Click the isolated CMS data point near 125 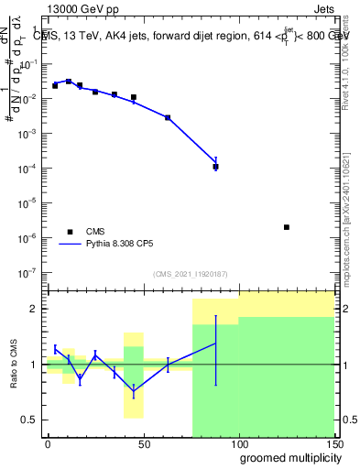[287, 227]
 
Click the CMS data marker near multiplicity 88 [216, 167]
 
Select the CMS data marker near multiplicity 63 [168, 117]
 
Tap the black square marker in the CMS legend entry [69, 232]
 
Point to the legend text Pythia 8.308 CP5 [119, 245]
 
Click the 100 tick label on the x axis [239, 443]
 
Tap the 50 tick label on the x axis [143, 443]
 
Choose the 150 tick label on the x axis [334, 443]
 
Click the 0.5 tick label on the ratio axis [30, 420]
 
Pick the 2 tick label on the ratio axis [35, 309]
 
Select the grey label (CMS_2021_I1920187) [190, 274]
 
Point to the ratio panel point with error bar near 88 [216, 344]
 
